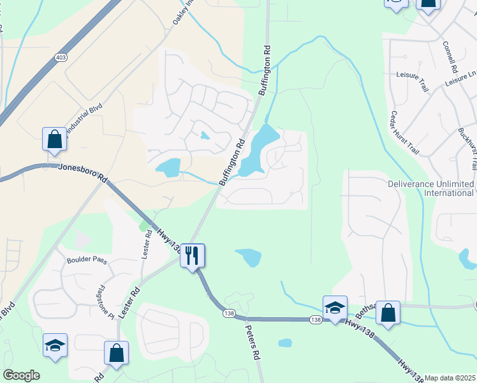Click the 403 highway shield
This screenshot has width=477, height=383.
(61, 57)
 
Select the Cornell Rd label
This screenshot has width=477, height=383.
(450, 57)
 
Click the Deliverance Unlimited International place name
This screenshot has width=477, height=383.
(430, 188)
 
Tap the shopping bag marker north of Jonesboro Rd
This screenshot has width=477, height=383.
(55, 140)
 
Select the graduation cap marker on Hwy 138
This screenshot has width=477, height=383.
(335, 308)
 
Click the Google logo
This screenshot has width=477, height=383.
(21, 375)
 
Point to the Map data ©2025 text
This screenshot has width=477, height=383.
(450, 378)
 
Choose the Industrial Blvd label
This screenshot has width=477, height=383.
(82, 117)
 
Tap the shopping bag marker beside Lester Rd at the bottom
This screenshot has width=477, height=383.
(116, 353)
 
